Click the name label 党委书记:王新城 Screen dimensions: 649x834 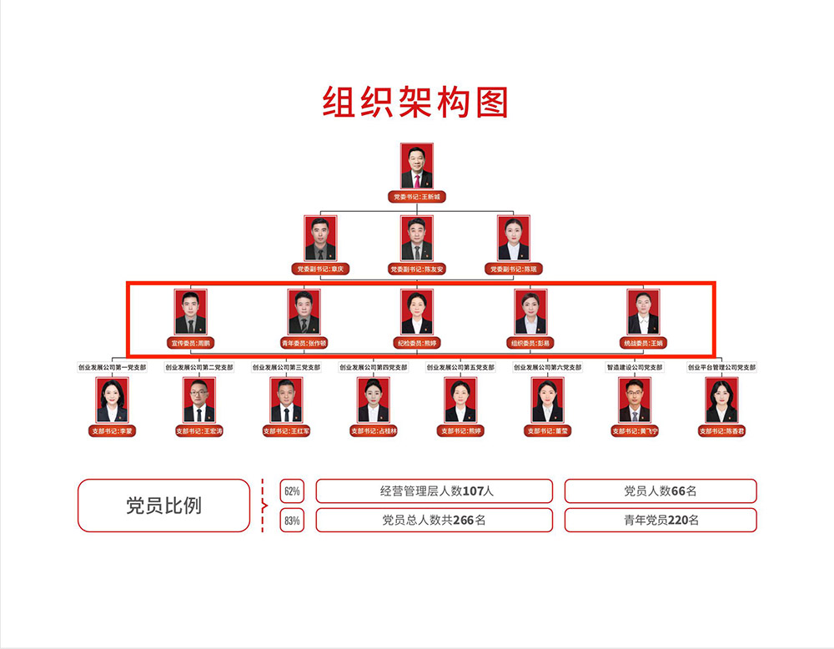point(416,198)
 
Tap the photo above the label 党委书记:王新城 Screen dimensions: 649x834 point(416,167)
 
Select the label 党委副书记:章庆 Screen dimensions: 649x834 point(320,269)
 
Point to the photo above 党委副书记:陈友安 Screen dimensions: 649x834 point(417,239)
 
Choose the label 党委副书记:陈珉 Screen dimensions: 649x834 point(514,269)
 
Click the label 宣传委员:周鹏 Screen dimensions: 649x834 point(190,343)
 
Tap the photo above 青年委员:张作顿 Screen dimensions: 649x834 point(304,312)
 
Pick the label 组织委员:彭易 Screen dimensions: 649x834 point(530,343)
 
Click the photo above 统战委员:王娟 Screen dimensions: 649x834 point(643,312)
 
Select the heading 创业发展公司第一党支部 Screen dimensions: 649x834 point(112,367)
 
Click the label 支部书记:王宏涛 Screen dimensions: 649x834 point(199,431)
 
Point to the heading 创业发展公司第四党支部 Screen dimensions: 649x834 point(373,367)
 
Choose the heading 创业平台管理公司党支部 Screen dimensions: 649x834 point(721,367)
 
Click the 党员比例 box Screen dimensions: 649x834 point(163,506)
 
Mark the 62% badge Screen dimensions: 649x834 point(292,491)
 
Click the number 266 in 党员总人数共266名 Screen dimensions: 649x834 point(464,521)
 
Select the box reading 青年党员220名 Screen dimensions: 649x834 point(661,521)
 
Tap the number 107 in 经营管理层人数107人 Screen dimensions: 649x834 point(473,491)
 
